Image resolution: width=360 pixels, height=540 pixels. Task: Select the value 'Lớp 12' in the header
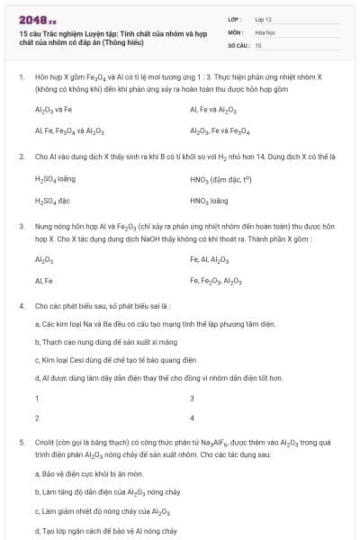click(x=265, y=18)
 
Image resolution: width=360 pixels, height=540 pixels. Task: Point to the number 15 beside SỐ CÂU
click(x=258, y=44)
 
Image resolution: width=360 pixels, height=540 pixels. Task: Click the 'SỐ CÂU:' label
click(x=238, y=44)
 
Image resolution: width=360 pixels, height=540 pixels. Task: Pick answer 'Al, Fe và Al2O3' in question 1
click(x=213, y=110)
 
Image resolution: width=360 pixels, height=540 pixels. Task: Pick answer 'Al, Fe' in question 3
click(x=43, y=281)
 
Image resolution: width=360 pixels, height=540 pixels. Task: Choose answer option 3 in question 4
click(x=192, y=398)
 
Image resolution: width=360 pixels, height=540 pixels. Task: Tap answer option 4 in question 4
click(x=192, y=418)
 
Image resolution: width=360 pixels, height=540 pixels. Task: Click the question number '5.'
click(x=21, y=443)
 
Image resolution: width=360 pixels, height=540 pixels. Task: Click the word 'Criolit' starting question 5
click(x=46, y=443)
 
